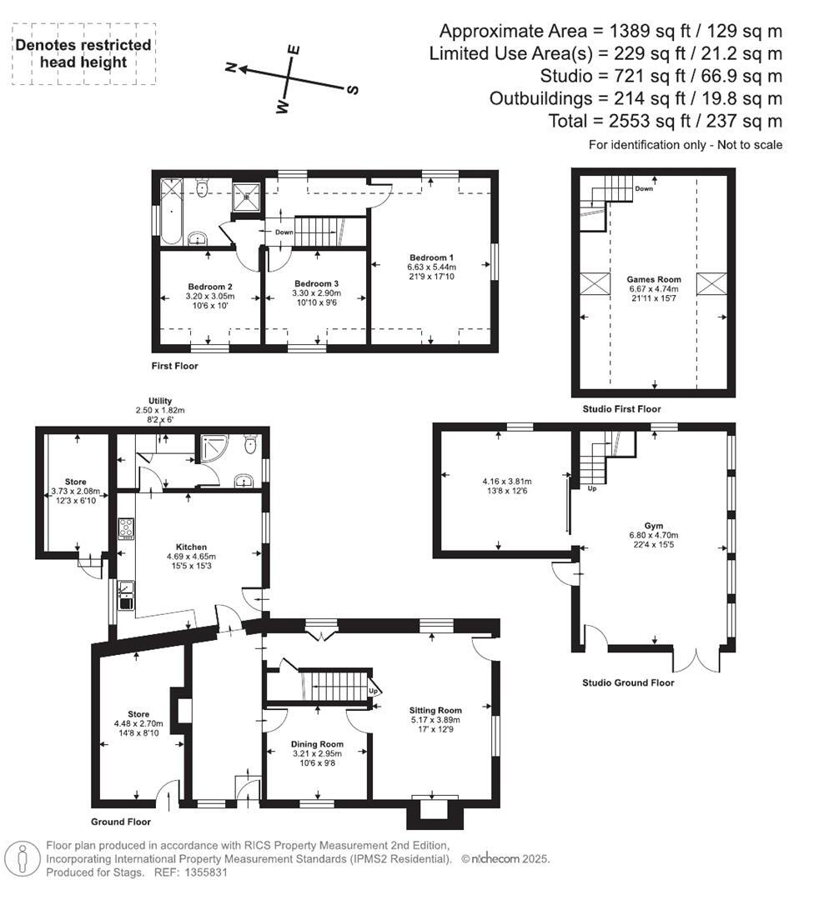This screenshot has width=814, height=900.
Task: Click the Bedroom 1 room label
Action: coord(432,257)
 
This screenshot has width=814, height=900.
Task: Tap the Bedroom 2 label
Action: coord(209,285)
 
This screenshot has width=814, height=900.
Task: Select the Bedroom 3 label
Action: coord(316,283)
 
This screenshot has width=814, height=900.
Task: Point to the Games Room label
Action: coord(654,280)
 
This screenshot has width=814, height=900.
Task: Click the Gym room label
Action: coord(653,526)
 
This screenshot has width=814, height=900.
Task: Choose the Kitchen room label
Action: coord(191,547)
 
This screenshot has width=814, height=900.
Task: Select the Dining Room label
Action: coord(317,744)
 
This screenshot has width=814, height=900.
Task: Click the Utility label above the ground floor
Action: coord(160,401)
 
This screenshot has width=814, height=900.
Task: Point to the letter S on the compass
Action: coord(353,89)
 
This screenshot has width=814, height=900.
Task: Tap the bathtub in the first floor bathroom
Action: coord(172,212)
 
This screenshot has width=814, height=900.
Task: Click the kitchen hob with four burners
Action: coord(127,527)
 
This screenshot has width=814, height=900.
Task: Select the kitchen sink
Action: coord(127,595)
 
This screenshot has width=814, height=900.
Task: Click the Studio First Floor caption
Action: coord(621,409)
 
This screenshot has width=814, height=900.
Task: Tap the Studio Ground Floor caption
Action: coord(627,682)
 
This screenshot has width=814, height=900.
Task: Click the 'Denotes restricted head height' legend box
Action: coord(83,55)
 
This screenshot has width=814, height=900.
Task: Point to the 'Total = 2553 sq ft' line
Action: coord(666,121)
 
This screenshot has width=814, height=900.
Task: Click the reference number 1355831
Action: coord(203,872)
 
